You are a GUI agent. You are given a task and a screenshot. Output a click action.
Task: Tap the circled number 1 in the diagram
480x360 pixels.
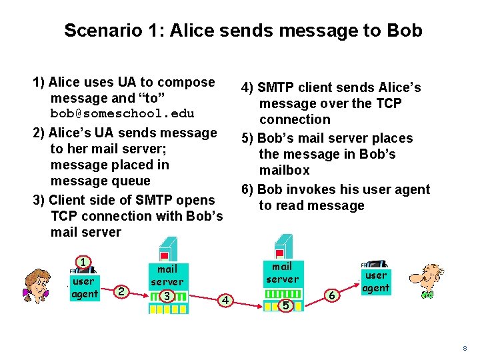coord(83,262)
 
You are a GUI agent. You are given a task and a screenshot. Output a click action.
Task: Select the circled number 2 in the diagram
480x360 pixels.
coord(120,291)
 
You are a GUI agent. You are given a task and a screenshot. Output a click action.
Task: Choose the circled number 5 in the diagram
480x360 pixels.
coord(285,305)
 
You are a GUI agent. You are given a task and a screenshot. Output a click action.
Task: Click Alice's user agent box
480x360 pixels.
coord(85,287)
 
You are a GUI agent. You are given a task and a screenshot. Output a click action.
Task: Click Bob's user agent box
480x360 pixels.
coord(376,281)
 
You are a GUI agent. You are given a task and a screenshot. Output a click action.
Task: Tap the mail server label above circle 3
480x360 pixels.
coord(167,275)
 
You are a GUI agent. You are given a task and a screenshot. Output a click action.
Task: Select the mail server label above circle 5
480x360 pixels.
coord(283,272)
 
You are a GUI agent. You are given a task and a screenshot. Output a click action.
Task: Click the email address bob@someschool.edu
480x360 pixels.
coord(123,113)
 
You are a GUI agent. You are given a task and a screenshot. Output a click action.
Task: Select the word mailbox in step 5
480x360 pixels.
coord(285,170)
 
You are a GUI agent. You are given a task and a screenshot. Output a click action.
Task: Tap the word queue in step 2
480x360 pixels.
coord(133,181)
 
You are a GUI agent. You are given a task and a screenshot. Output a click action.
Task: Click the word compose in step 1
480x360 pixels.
coord(187,82)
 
